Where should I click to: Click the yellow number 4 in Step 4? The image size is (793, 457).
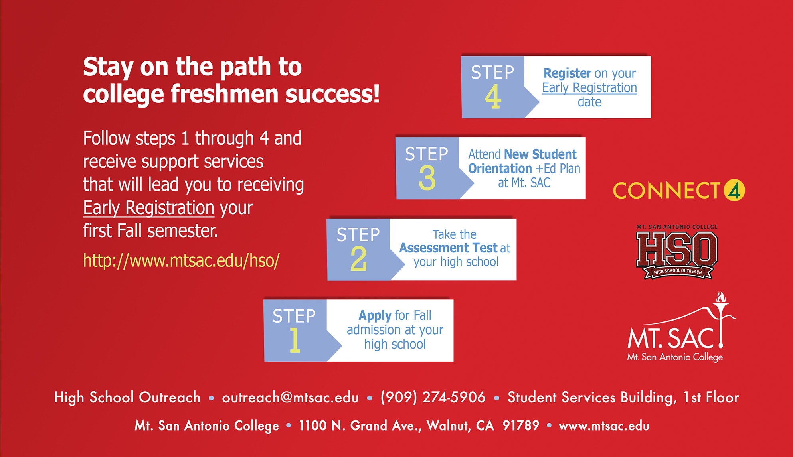(493, 96)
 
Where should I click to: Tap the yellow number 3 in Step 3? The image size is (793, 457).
(427, 177)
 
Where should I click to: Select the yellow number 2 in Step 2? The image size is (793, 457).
(358, 259)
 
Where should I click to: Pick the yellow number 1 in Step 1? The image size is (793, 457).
(295, 340)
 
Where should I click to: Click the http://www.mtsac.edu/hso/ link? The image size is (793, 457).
(181, 260)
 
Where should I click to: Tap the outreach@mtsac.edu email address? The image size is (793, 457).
(290, 397)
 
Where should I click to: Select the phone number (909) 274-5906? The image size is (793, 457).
(433, 397)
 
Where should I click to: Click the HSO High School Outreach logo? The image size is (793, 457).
(677, 252)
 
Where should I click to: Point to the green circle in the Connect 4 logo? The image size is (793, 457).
(734, 190)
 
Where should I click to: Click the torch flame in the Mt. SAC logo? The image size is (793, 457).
(721, 297)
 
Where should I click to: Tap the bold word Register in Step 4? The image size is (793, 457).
(567, 73)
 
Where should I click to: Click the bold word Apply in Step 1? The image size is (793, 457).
(375, 316)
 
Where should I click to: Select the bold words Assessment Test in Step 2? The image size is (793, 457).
(449, 248)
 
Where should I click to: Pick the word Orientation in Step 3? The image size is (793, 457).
(500, 169)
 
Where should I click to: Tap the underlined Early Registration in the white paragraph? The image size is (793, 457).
(149, 208)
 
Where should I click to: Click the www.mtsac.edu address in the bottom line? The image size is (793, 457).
(604, 426)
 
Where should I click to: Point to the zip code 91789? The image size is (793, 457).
(521, 425)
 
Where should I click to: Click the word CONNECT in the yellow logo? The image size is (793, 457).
(666, 191)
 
